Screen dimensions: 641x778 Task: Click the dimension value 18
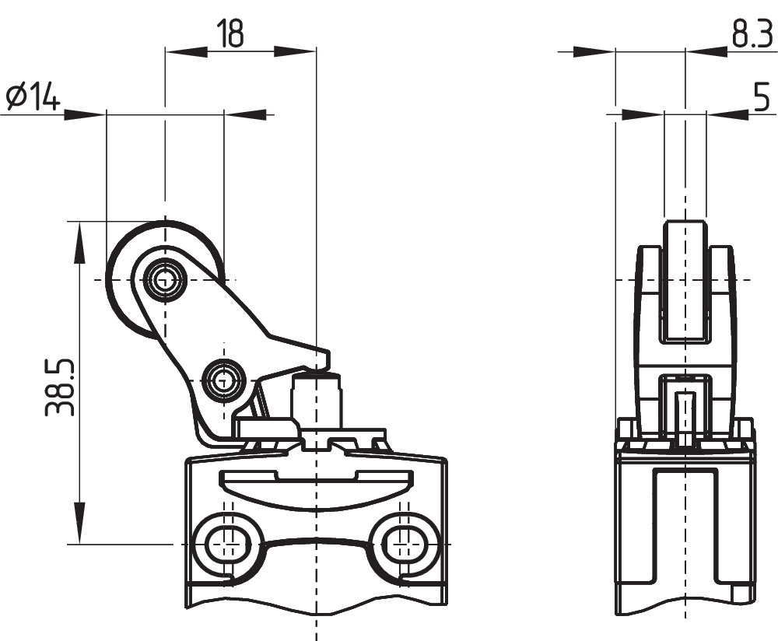(230, 33)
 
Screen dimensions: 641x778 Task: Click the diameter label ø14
(33, 97)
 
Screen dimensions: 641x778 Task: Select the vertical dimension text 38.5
(61, 387)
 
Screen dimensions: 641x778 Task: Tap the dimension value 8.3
(751, 34)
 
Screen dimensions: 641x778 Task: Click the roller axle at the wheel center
(165, 278)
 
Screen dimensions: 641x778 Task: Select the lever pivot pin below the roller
(224, 380)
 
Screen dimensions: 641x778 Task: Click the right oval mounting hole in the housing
(402, 538)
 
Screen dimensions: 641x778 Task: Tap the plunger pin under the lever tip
(316, 397)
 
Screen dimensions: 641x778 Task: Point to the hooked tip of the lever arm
(323, 358)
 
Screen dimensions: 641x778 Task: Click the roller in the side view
(685, 280)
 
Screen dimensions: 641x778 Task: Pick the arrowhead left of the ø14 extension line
(86, 114)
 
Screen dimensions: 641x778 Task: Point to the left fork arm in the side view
(648, 311)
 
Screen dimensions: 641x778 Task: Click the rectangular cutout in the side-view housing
(685, 529)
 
